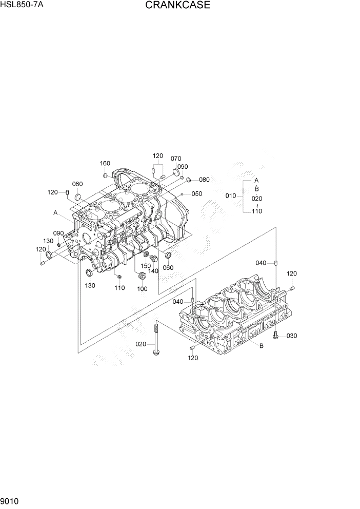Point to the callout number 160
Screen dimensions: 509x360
105,164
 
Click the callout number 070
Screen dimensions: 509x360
176,159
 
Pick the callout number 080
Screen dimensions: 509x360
204,180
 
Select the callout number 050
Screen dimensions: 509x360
197,194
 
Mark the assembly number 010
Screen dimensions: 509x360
231,195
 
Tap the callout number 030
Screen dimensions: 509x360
292,336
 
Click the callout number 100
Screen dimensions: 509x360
142,289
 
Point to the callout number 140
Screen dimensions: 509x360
153,271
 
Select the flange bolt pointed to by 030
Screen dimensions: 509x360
276,335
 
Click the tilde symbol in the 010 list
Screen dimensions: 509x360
257,205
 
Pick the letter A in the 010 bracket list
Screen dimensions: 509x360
256,181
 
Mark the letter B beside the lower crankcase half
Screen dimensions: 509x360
261,346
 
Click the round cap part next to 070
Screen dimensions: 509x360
176,173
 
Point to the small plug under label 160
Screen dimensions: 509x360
105,175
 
